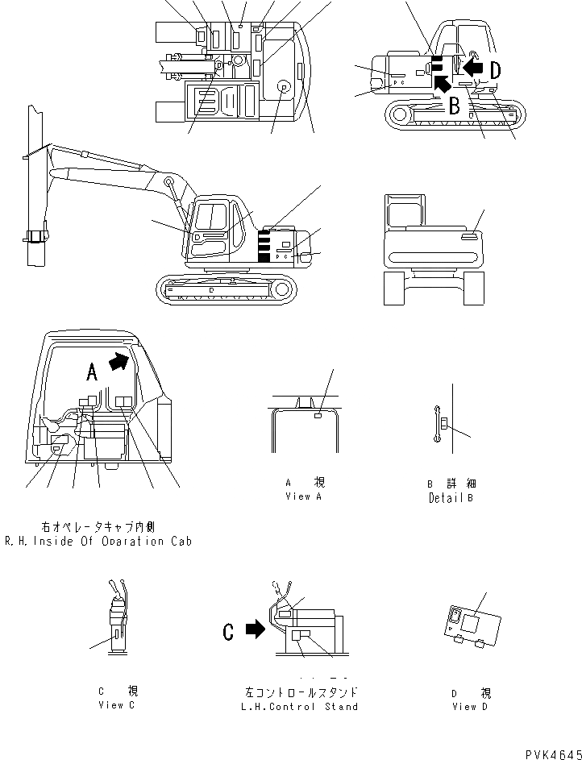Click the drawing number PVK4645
coord(552,753)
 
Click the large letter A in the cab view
coord(92,371)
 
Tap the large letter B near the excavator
coord(454,104)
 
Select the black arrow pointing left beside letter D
coord(474,71)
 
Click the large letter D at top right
coord(494,71)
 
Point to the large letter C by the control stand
coord(228,631)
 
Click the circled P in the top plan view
coord(284,86)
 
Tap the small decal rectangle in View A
coord(318,416)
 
